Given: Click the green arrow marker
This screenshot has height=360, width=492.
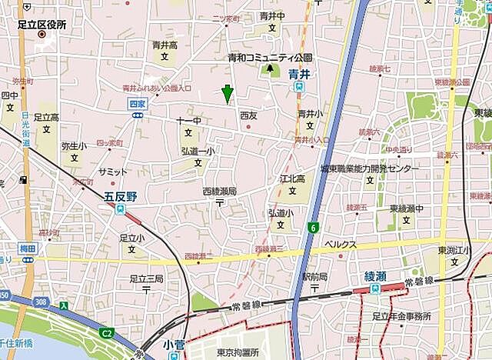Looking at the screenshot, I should (227, 93).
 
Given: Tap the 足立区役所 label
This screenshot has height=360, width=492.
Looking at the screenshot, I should (43, 25).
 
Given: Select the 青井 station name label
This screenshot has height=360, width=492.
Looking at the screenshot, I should (298, 74).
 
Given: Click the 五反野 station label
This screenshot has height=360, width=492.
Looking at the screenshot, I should (120, 198).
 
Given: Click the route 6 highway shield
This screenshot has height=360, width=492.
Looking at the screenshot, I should (314, 227).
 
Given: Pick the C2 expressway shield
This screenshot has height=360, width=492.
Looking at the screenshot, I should (107, 332).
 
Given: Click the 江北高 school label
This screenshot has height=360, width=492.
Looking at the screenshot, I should (292, 178).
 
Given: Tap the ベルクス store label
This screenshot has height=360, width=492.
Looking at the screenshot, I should (340, 244).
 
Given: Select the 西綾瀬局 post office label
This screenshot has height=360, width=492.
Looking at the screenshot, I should (219, 191).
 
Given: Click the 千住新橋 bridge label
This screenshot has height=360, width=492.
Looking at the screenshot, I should (16, 342).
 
